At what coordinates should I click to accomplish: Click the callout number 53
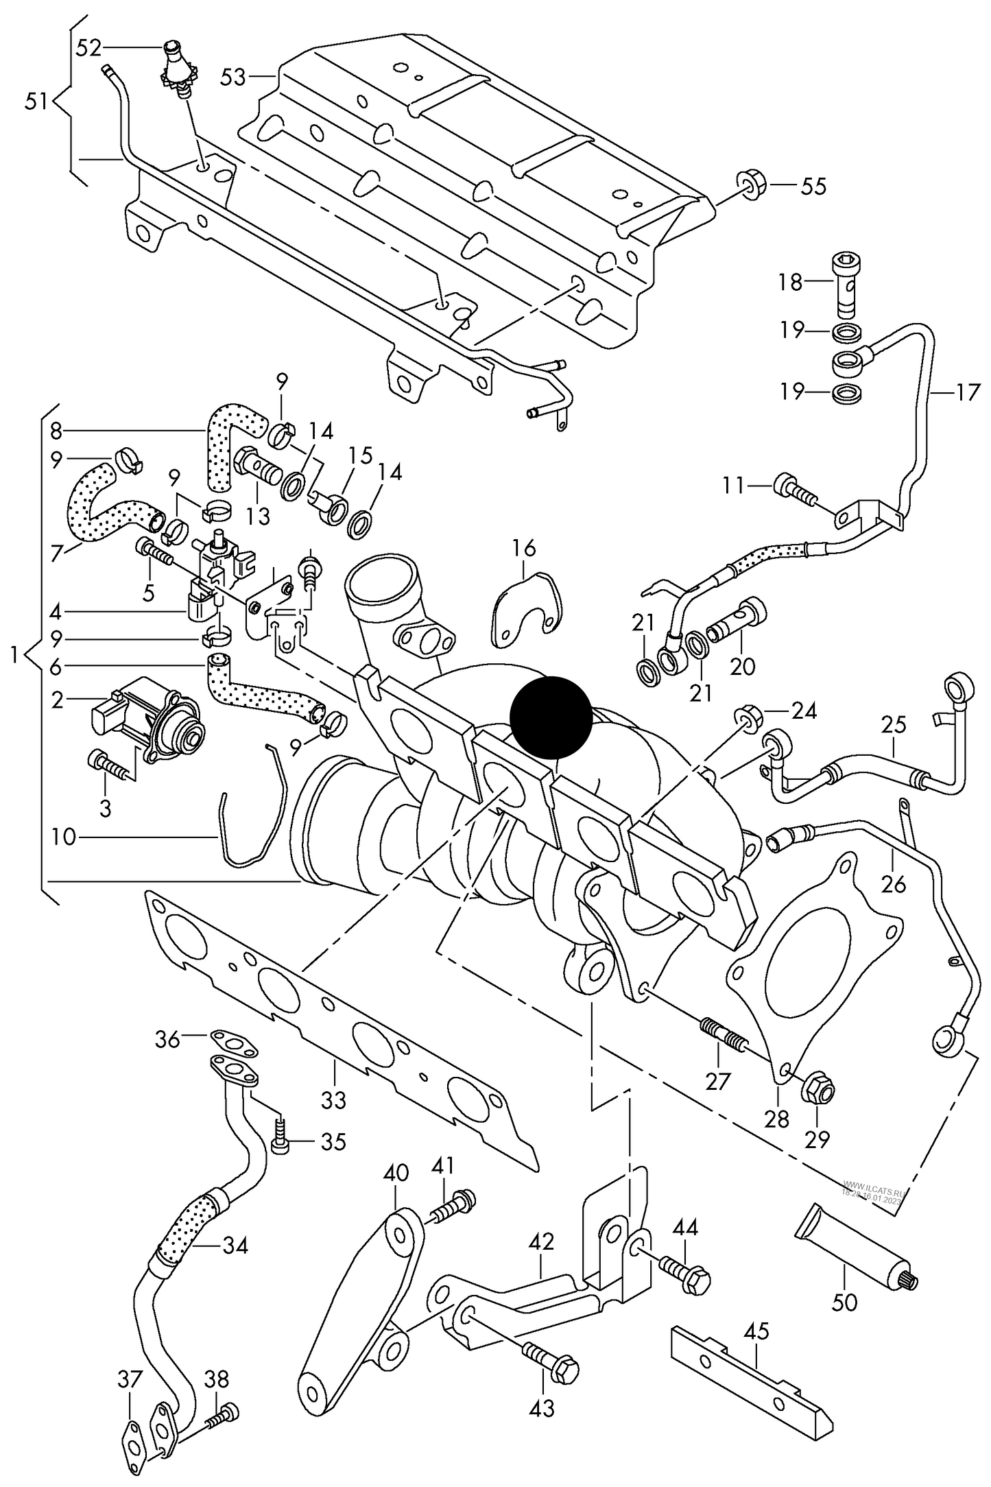[232, 77]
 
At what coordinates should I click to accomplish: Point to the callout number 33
[334, 1099]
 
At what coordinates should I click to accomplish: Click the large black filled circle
[551, 716]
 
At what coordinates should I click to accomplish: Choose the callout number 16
[523, 549]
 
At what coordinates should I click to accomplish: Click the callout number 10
[63, 837]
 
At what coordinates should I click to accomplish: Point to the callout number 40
[396, 1172]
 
